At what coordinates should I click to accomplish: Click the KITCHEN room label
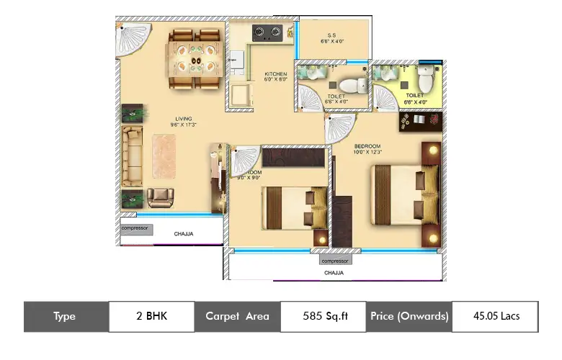click(275, 74)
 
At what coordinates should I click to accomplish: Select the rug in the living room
click(166, 157)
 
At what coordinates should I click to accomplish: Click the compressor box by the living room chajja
click(135, 229)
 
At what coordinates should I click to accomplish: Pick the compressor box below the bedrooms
click(335, 261)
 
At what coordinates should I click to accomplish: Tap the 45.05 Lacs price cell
click(495, 316)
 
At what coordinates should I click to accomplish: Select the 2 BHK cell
click(151, 316)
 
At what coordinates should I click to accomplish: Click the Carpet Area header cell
click(237, 316)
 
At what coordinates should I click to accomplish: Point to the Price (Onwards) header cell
click(409, 316)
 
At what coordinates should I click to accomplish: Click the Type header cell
click(66, 316)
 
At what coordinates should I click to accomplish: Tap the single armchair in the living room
click(160, 197)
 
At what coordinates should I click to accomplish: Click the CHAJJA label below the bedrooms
click(334, 274)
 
